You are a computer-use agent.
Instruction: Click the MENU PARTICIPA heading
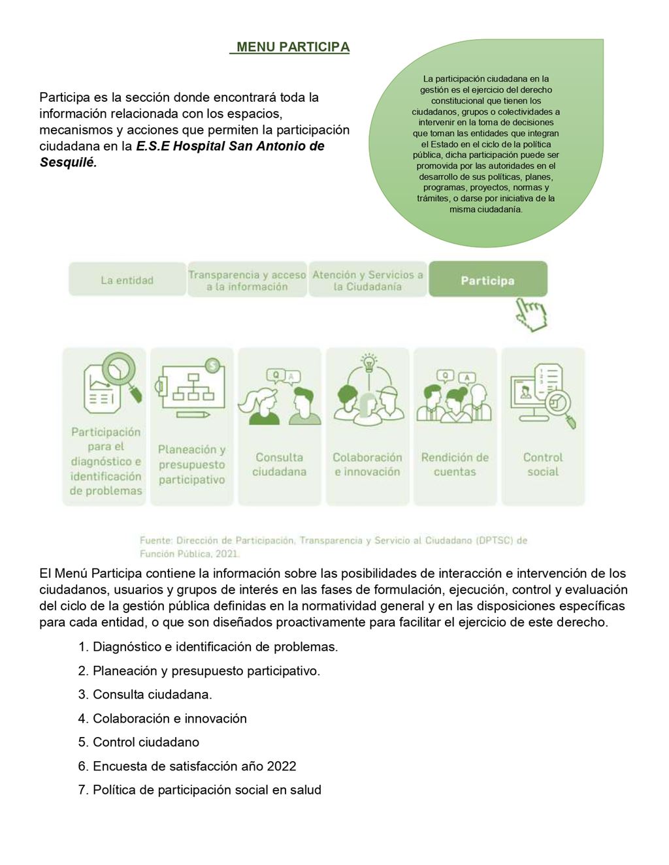[293, 47]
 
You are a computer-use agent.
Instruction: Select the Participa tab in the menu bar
[487, 280]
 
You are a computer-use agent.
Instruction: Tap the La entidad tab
[127, 280]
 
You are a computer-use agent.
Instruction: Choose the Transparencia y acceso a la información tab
[247, 281]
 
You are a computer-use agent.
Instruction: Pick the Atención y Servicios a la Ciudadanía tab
[367, 281]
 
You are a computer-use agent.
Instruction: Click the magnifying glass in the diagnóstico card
[121, 370]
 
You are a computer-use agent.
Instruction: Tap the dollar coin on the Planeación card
[212, 366]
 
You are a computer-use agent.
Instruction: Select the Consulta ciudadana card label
[279, 464]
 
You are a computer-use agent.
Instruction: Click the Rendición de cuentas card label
[455, 464]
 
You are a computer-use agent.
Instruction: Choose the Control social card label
[543, 464]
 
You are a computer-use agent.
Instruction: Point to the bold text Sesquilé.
[68, 163]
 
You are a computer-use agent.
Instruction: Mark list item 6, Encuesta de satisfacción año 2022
[194, 766]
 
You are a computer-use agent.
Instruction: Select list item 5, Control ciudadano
[146, 742]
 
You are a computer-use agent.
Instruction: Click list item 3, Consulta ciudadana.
[152, 694]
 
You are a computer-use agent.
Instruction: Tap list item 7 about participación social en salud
[206, 789]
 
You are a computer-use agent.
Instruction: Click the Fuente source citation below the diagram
[333, 547]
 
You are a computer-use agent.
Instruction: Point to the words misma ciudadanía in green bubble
[485, 210]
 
